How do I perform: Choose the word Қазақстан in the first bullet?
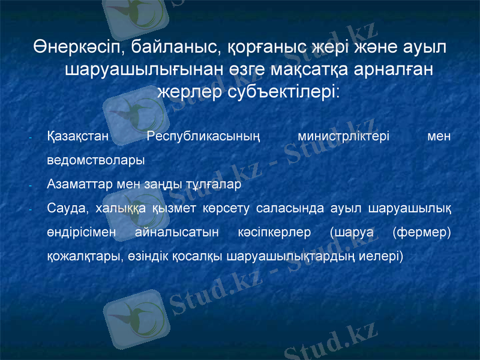click(x=77, y=136)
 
